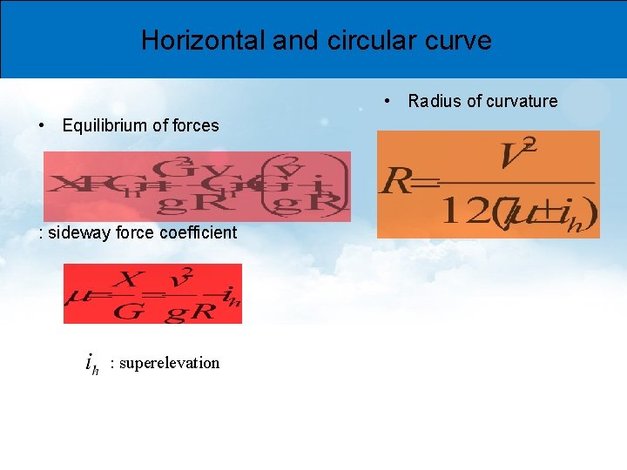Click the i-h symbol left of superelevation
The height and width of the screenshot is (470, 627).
coord(91,364)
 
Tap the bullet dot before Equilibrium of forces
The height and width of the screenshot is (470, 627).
coord(43,125)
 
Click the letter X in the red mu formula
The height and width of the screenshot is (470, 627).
coord(129,279)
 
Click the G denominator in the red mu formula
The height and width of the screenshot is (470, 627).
coord(127,311)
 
